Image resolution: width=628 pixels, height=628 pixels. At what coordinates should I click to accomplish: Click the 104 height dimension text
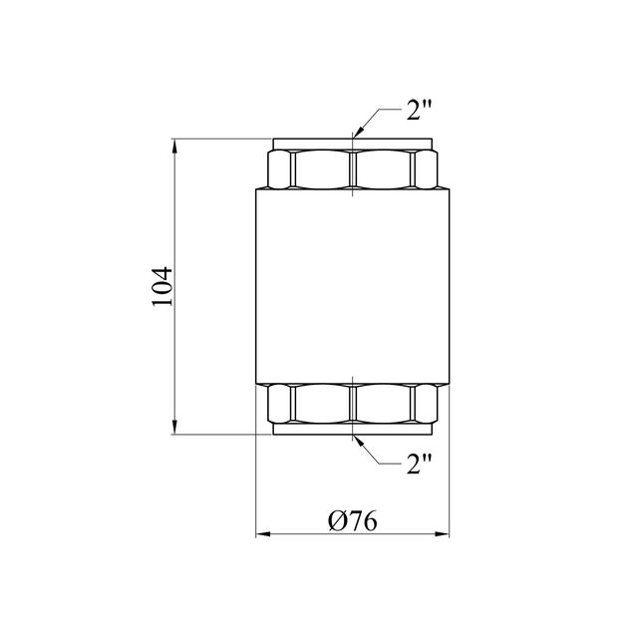pos(162,286)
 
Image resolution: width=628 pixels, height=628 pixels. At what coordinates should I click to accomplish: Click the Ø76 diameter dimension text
pos(353,521)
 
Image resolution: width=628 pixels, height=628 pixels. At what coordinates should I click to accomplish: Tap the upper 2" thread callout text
pos(419,110)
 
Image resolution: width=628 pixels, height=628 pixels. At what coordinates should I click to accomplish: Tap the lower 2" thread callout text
pos(419,465)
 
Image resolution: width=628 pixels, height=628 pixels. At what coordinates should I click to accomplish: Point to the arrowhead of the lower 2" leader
pos(359,441)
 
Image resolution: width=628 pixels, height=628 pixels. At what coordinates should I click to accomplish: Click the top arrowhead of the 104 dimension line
pos(174,146)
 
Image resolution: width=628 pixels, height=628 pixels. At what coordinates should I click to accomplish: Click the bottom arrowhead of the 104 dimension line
pos(174,427)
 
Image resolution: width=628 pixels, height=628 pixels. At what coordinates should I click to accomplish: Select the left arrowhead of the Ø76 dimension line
pos(263,534)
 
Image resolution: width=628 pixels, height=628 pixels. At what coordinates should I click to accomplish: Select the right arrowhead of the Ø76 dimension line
pos(442,534)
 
